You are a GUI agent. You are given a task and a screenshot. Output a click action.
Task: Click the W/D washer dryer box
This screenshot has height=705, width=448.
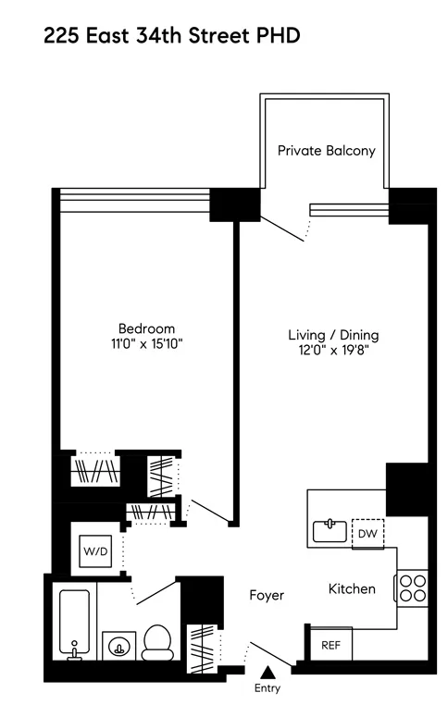coord(95,550)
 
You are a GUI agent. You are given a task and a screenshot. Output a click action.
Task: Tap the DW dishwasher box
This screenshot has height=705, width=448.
coord(367,534)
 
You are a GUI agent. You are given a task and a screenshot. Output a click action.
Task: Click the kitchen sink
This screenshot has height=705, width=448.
coord(328,530)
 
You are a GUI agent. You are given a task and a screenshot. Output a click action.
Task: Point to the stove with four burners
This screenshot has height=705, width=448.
coord(411,588)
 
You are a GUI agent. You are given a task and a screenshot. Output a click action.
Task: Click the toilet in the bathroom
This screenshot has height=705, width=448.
coord(159,640)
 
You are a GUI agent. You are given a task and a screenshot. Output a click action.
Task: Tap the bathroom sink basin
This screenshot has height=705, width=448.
coord(118,645)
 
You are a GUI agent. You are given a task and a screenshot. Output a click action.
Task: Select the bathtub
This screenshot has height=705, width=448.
coord(72,623)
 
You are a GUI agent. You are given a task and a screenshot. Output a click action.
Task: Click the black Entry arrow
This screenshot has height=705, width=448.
coord(267,672)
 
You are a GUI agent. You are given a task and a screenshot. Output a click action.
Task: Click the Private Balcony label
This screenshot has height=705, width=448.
coord(327,151)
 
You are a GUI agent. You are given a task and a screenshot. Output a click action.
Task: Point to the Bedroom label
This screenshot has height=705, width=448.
coord(146,328)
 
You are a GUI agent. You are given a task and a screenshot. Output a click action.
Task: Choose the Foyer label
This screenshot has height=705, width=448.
coord(266,596)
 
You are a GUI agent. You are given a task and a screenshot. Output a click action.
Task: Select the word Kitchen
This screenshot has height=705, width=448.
coord(352,588)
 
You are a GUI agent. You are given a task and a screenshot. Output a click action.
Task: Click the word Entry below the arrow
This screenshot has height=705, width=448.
coord(267,688)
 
